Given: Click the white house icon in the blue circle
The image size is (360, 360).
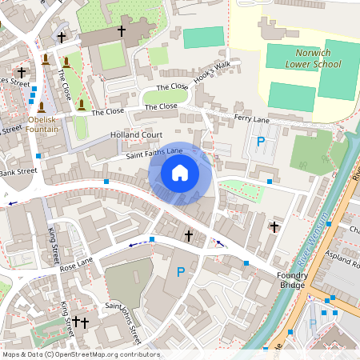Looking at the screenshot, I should pyautogui.click(x=180, y=173).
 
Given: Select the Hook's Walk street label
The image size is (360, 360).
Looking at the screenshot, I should pyautogui.click(x=211, y=71).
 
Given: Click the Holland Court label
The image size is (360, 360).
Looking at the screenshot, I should pyautogui.click(x=136, y=135).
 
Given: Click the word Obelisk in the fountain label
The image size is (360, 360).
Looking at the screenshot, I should pyautogui.click(x=42, y=120).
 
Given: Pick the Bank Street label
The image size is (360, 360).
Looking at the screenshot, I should pyautogui.click(x=18, y=171).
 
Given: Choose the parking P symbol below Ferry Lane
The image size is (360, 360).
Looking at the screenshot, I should pyautogui.click(x=260, y=142).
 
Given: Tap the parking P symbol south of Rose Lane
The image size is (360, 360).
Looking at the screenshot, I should pyautogui.click(x=181, y=273).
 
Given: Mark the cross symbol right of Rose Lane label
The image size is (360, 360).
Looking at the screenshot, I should pyautogui.click(x=189, y=235).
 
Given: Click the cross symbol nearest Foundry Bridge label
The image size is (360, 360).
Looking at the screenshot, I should pyautogui.click(x=274, y=227).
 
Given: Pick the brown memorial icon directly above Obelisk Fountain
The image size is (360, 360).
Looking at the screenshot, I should pyautogui.click(x=41, y=106).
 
